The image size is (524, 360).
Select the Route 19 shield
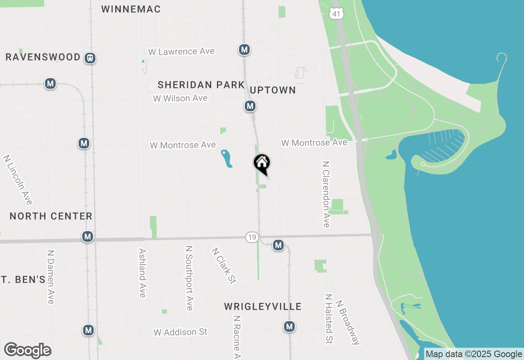pos(252,237)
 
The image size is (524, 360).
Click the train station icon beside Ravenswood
pos(90,58)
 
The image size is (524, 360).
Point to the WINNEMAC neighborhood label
pos(131,9)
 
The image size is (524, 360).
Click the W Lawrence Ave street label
pos(181,52)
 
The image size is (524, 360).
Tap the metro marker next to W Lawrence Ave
pos(244,50)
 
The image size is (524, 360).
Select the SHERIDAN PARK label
pos(201,85)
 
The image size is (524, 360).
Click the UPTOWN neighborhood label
pos(273,90)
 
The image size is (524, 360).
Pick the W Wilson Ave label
pos(180,98)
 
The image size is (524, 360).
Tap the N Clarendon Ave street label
pos(326,194)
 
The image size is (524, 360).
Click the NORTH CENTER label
pos(51,216)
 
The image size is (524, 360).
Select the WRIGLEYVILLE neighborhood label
pos(263,306)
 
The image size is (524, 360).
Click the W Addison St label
pos(181,332)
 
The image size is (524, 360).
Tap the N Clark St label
pos(224,265)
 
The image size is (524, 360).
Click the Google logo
pos(27,350)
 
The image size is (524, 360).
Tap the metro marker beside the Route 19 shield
pos(278,245)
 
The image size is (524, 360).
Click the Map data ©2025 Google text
pos(474,354)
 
